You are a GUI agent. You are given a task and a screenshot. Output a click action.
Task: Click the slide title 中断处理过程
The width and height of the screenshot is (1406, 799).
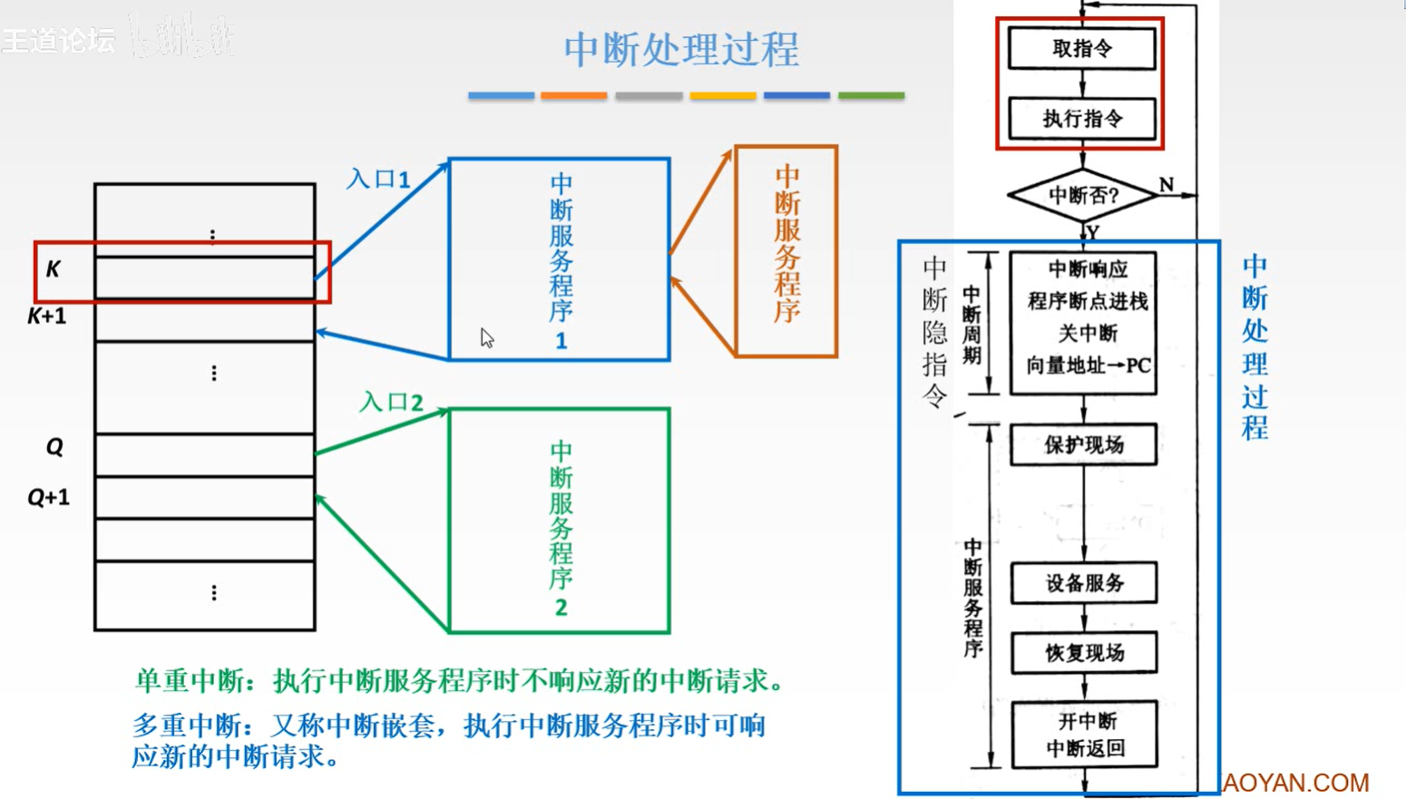(680, 50)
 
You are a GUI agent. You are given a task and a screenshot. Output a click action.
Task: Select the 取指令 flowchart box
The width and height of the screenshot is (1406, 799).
(1082, 48)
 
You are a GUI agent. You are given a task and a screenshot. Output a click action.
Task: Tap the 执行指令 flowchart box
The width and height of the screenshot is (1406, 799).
(1082, 119)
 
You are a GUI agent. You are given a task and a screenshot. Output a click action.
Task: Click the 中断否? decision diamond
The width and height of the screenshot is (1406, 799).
(1083, 195)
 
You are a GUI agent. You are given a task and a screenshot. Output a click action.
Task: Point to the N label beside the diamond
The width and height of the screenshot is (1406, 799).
(1167, 185)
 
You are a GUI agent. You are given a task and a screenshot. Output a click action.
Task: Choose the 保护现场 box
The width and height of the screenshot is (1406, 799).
(1084, 444)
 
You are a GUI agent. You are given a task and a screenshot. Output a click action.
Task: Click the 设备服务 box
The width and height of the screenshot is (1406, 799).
(1084, 583)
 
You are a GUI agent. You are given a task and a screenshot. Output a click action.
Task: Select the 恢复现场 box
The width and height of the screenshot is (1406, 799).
(1084, 653)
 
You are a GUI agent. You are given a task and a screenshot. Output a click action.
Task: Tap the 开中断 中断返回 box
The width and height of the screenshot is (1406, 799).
(1085, 735)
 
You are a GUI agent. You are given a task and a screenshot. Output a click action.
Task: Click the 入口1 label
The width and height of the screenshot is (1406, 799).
(378, 179)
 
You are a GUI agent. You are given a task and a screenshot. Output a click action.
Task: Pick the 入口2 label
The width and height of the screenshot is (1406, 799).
(391, 401)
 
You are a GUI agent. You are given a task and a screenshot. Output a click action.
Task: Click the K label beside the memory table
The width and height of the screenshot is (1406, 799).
(54, 269)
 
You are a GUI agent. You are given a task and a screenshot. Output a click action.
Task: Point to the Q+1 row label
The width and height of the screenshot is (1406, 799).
(48, 497)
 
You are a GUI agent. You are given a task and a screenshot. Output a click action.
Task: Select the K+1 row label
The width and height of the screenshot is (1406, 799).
(46, 317)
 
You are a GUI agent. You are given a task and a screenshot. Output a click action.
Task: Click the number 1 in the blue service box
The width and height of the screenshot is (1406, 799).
(561, 341)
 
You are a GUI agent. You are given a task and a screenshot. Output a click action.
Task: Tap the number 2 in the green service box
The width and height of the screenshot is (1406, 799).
(561, 608)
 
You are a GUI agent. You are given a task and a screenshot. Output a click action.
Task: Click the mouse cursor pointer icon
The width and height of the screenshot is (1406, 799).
(487, 337)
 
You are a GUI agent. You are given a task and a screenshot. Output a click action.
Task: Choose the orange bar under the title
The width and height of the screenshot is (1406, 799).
(574, 95)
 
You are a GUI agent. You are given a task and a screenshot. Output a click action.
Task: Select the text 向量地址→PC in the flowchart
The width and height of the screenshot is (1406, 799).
(1088, 366)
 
